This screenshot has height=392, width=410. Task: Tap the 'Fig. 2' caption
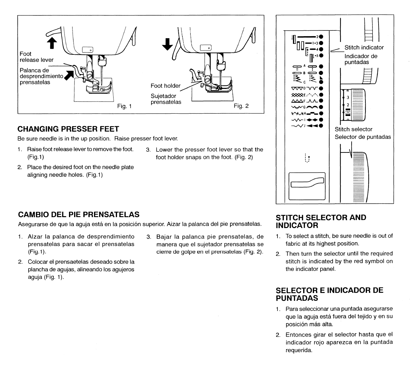coord(241,106)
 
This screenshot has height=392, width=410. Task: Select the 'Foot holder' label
coord(166,86)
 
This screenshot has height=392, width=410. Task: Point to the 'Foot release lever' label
coord(37,57)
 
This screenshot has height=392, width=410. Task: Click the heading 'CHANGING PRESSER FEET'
coord(68,129)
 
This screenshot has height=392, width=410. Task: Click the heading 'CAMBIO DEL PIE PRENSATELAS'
coord(79,214)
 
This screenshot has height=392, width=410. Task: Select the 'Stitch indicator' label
coord(364,47)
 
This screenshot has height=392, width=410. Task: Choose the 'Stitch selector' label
coord(354,129)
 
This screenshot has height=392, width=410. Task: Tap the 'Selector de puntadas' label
coord(363,137)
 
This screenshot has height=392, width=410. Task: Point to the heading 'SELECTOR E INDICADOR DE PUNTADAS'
coord(329,294)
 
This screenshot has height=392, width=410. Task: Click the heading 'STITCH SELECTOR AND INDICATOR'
coord(321,221)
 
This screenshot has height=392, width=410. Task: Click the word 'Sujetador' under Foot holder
coord(163,96)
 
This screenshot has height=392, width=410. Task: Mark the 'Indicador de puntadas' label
coord(361,59)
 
